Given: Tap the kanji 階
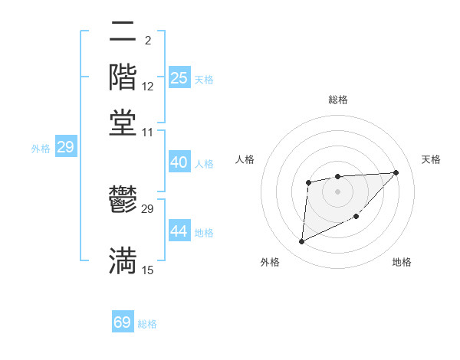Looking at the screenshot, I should (x=123, y=77).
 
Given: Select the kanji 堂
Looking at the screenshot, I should (x=123, y=123).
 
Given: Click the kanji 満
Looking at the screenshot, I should (x=123, y=260).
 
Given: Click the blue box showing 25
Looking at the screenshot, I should (x=179, y=78).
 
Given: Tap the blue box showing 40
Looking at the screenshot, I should (x=179, y=162).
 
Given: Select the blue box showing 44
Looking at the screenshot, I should (x=179, y=231).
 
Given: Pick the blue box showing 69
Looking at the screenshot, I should (x=123, y=322).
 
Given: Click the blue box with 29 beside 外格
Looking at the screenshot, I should (x=65, y=147).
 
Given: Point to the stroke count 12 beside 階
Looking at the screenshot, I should (x=148, y=86).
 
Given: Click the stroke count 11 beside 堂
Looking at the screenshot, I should (x=148, y=133).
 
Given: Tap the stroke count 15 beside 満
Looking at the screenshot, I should (x=148, y=270).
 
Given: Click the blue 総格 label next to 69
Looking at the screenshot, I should (x=147, y=324).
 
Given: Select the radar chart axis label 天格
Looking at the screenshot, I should (x=432, y=159).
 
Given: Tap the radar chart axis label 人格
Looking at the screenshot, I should (x=245, y=159).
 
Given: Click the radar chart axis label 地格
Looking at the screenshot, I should (x=402, y=263).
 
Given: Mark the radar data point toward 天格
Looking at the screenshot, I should (x=396, y=172).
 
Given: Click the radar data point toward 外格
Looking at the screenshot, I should (x=301, y=242).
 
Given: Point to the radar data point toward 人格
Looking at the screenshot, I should (x=308, y=182).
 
